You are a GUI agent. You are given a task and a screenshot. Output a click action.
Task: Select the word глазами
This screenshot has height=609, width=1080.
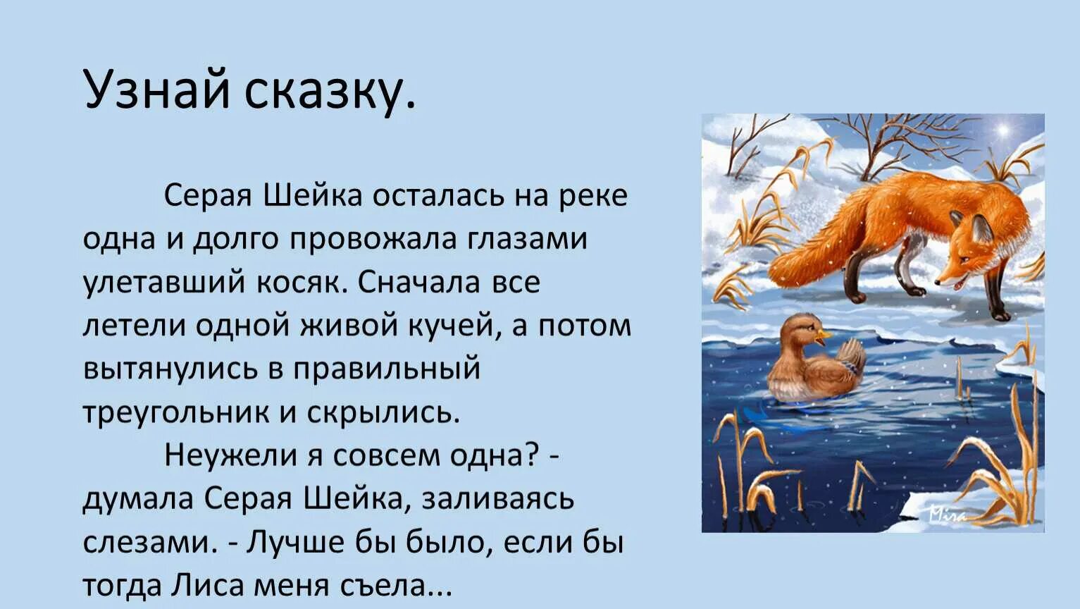click(x=527, y=238)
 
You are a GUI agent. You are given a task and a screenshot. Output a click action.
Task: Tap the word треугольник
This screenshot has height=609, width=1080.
click(x=176, y=412)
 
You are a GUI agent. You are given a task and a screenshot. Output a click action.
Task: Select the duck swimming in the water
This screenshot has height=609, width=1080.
click(x=814, y=363)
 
